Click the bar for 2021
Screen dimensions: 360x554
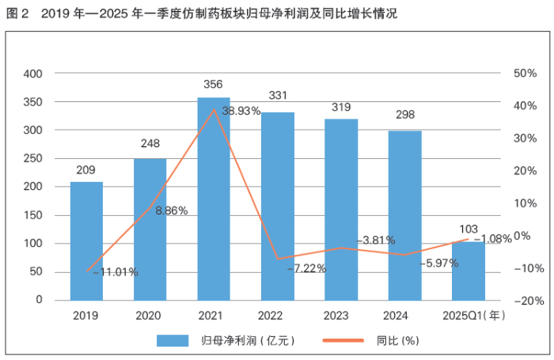pos(214,199)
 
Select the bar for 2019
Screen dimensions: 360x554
pos(86,241)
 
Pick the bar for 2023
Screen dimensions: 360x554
pos(341,210)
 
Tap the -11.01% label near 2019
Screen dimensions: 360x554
pos(116,272)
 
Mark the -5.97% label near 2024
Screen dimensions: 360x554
pos(439,263)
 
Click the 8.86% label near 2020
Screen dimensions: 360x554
pos(172,211)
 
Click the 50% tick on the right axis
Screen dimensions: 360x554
pos(526,74)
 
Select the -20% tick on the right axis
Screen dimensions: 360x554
pos(527,301)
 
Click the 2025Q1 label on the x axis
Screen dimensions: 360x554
pos(461,316)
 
